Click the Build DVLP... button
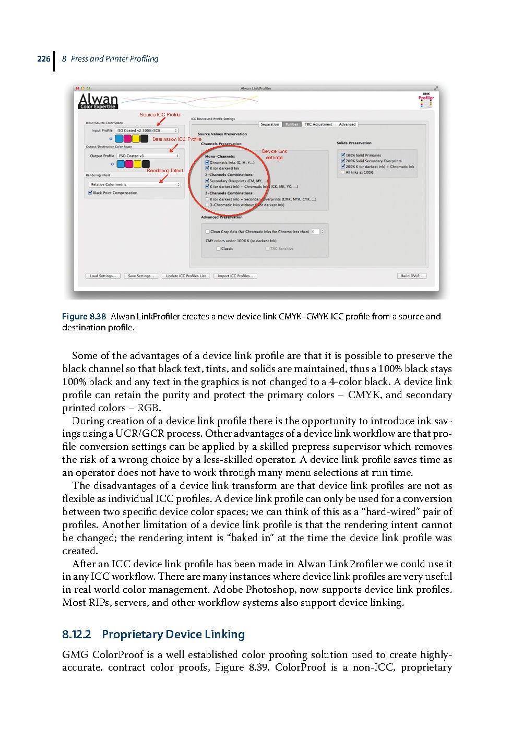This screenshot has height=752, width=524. (x=412, y=276)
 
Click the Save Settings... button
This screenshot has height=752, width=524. (x=141, y=276)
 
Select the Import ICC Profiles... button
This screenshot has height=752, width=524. (x=235, y=276)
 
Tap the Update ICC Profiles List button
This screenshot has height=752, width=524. (x=186, y=276)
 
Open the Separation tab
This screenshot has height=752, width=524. (x=270, y=124)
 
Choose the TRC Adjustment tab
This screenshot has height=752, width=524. (x=318, y=124)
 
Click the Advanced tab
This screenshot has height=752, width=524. (x=347, y=124)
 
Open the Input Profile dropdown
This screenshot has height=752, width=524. (x=147, y=130)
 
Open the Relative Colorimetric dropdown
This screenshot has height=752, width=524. (x=135, y=184)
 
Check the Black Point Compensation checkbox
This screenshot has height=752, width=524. (x=91, y=193)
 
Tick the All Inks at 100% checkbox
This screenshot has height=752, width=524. (x=343, y=172)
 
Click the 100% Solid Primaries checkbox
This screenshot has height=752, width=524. (x=343, y=155)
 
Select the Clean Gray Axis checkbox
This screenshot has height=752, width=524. (x=208, y=232)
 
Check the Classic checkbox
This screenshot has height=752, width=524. (x=219, y=249)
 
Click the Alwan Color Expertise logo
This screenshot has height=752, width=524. (x=98, y=101)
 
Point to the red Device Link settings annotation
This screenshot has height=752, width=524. (x=274, y=154)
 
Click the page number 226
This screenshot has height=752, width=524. (x=44, y=59)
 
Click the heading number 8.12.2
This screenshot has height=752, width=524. (x=76, y=635)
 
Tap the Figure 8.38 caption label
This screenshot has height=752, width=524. (x=84, y=317)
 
